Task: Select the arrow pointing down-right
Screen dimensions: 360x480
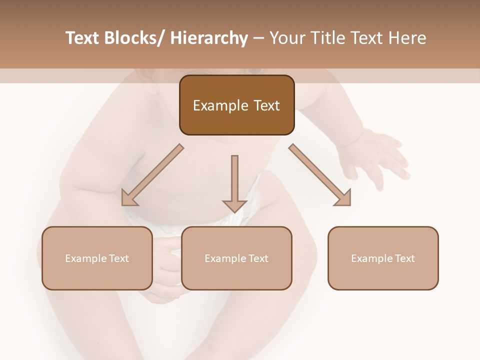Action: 320,175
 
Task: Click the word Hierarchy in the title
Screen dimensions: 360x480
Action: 209,38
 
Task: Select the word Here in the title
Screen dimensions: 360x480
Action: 406,38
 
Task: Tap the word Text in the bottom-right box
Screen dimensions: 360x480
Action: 404,258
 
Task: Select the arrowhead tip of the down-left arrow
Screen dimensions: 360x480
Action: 123,204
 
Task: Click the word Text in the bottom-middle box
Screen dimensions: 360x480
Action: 257,258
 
